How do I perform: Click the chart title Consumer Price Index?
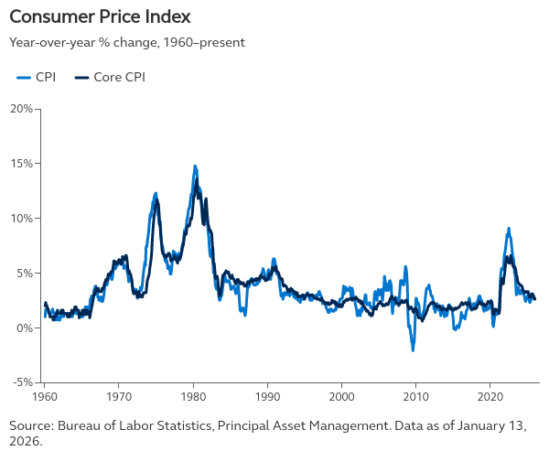101,17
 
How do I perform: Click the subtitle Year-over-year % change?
127,42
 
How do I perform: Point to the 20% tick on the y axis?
21,109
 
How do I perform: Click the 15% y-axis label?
21,164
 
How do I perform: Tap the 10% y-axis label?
21,219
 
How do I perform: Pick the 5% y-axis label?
24,273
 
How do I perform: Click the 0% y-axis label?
24,328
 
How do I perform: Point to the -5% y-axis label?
23,382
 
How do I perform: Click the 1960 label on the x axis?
45,398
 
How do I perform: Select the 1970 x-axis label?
119,398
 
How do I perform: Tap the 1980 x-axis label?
193,398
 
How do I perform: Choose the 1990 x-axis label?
267,398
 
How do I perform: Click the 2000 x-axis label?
341,398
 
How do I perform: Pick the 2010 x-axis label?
415,398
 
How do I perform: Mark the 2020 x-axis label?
490,398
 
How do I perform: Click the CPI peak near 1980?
195,167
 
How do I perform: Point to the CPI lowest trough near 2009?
413,350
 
